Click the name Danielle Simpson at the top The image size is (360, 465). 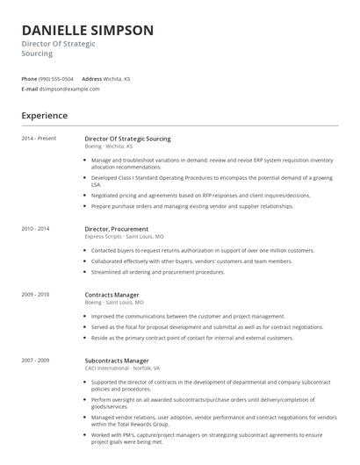[88, 30]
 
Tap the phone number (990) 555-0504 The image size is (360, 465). [57, 79]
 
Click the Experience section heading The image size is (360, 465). [44, 116]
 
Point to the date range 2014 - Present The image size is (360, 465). [38, 139]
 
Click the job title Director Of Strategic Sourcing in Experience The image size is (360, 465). [127, 139]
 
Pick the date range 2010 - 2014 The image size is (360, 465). [35, 228]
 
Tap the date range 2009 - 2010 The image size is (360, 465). [35, 294]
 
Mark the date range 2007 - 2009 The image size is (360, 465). [35, 360]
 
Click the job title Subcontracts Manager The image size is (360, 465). [117, 360]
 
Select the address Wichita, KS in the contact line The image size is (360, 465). [117, 79]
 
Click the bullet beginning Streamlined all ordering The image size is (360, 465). [158, 272]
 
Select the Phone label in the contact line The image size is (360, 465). [29, 79]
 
